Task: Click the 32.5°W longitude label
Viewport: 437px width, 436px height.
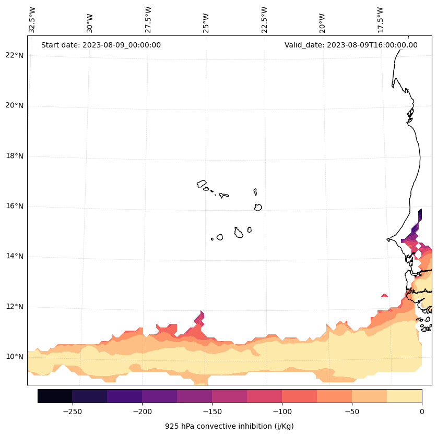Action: pyautogui.click(x=32, y=20)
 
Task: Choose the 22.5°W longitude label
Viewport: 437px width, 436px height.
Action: pyautogui.click(x=264, y=20)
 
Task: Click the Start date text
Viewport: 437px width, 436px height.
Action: pyautogui.click(x=101, y=45)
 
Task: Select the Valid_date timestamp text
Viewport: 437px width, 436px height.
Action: pyautogui.click(x=351, y=45)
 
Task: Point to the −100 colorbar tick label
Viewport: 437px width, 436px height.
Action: pyautogui.click(x=282, y=411)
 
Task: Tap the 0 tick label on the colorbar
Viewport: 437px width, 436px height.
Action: pyautogui.click(x=421, y=411)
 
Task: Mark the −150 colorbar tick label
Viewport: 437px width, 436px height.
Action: pyautogui.click(x=212, y=411)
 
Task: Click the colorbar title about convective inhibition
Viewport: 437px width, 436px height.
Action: pyautogui.click(x=229, y=426)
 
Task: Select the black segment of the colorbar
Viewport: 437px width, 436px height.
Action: pyautogui.click(x=55, y=396)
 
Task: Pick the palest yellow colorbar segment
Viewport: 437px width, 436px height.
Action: pyautogui.click(x=404, y=396)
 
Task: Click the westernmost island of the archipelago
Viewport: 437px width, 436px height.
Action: pyautogui.click(x=202, y=184)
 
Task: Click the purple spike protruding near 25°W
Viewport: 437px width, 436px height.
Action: pyautogui.click(x=199, y=317)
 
